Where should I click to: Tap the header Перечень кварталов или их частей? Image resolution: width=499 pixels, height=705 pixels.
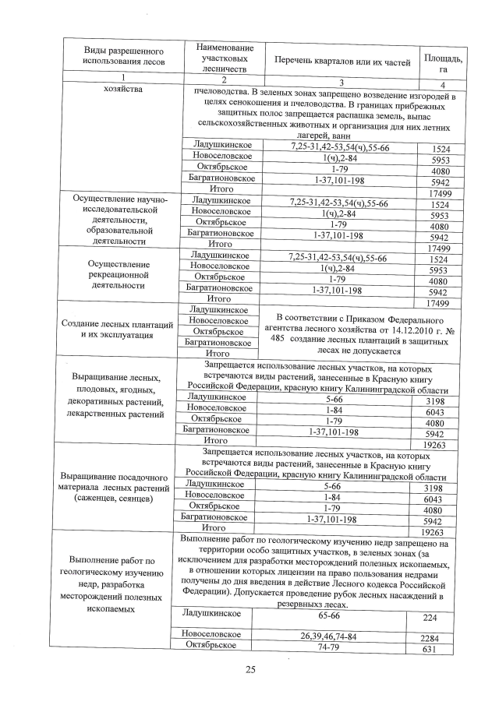(338, 61)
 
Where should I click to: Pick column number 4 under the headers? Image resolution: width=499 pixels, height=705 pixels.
(442, 84)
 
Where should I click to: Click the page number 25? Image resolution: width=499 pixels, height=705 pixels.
(249, 668)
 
